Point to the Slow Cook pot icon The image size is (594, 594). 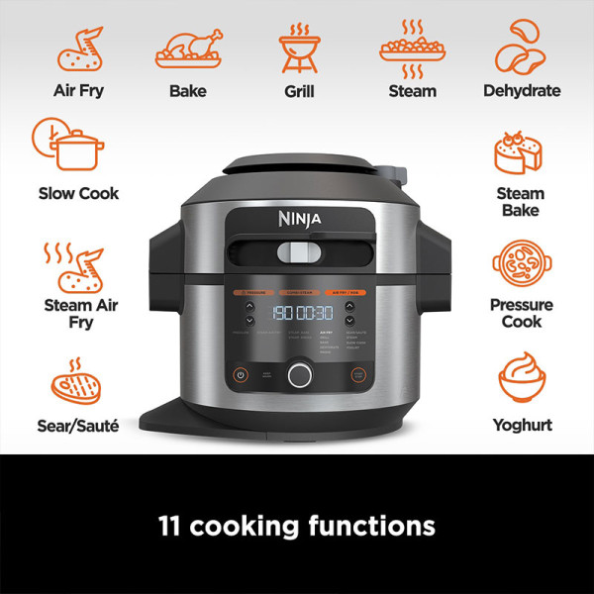[x=68, y=146]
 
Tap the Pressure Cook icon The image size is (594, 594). [x=521, y=263]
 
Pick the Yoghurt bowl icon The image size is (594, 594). [x=522, y=382]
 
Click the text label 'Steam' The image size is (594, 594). [x=412, y=91]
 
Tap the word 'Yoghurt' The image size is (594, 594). [x=522, y=426]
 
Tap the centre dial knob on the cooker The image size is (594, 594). [x=299, y=374]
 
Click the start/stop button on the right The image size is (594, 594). [x=359, y=375]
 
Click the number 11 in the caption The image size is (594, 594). [x=170, y=525]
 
